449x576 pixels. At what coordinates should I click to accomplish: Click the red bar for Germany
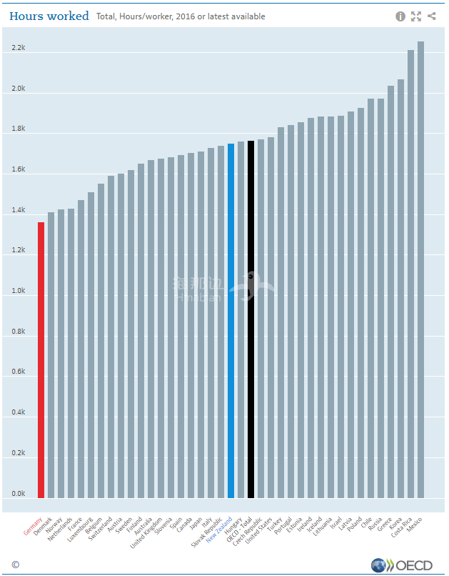41,360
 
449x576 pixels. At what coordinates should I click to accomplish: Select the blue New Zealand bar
231,321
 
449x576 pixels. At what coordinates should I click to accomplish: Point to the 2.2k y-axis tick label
19,49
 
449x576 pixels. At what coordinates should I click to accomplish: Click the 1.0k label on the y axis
19,292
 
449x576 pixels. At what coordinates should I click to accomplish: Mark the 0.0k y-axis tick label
19,494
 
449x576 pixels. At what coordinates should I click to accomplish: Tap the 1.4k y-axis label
19,211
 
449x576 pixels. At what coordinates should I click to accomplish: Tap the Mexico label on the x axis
414,522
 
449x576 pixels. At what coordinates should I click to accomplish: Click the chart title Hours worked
49,16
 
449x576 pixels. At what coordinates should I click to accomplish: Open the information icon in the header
400,16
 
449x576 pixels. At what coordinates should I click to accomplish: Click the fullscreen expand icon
416,16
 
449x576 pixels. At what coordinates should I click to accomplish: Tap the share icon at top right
433,16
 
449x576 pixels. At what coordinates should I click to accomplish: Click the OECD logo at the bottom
402,565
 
